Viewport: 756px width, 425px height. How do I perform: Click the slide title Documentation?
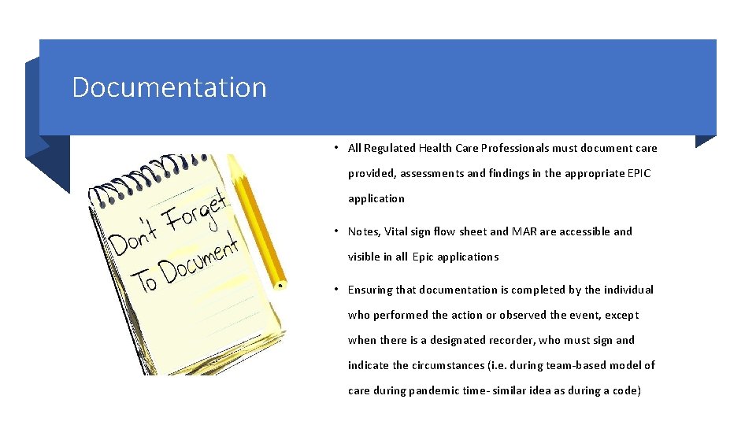tap(169, 87)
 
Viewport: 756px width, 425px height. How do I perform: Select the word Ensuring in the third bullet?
tap(370, 290)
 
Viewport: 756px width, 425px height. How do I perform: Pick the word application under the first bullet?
tap(376, 198)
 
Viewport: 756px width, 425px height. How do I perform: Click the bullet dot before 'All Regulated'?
tap(336, 148)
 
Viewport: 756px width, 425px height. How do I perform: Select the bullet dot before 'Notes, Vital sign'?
tap(336, 231)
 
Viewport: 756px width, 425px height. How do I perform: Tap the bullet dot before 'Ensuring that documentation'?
tap(336, 290)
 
